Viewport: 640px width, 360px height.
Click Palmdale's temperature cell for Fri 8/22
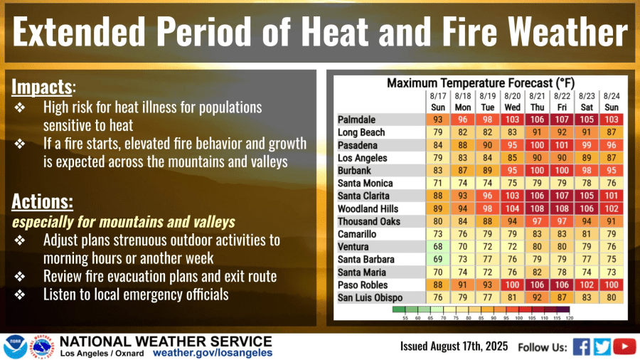tap(562, 120)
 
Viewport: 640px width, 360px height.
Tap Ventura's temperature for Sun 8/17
tap(438, 247)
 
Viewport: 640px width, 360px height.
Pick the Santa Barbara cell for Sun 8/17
tap(438, 260)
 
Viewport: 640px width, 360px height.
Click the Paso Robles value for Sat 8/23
tap(587, 285)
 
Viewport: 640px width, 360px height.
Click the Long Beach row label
tap(361, 132)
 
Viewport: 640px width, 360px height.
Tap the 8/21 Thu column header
tap(537, 100)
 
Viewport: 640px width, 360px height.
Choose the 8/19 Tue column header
tap(487, 100)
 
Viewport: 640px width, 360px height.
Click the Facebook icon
tap(581, 346)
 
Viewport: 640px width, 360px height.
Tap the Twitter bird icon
tap(603, 346)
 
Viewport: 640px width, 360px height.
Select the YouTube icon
tap(624, 346)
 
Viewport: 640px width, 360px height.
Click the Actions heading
tap(41, 201)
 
